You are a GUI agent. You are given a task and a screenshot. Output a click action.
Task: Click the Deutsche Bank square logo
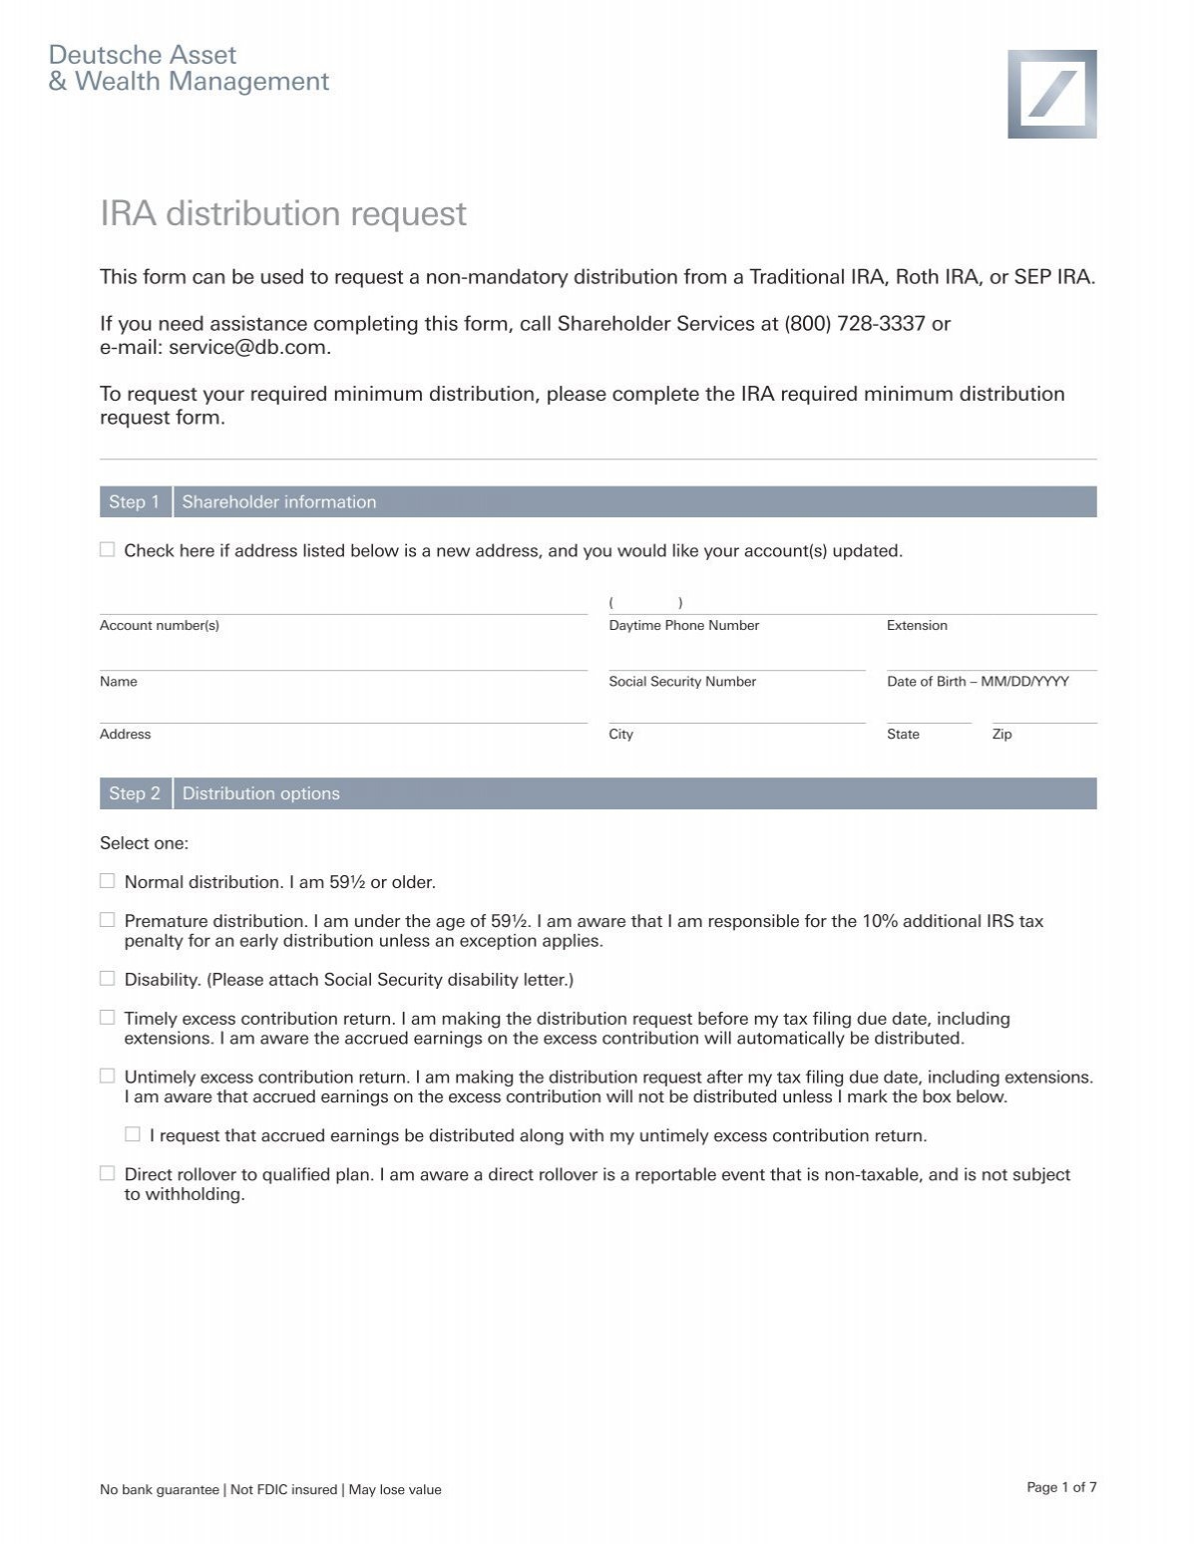(1051, 94)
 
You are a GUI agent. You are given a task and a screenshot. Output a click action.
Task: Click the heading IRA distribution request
(282, 213)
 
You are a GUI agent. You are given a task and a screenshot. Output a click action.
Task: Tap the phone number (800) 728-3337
(855, 324)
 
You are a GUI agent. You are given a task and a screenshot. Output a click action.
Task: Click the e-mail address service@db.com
(248, 348)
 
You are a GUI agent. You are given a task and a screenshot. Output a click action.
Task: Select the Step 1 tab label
(135, 502)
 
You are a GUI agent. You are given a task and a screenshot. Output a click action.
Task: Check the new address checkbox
(107, 550)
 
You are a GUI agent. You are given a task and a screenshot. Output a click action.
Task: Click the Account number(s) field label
(160, 626)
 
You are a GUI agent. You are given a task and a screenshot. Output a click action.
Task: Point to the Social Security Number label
(682, 682)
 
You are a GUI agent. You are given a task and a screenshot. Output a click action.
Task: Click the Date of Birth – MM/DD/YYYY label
(978, 682)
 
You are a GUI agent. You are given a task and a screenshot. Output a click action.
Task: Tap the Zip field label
(1001, 735)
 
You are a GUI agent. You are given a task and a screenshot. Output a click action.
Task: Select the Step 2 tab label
(135, 793)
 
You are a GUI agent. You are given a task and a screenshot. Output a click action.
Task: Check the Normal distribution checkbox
(107, 881)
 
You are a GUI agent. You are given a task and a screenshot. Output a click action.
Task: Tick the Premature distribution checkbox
(107, 920)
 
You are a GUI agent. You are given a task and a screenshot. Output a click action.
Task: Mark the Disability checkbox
(107, 979)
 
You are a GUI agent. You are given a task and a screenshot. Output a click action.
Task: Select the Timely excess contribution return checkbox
(107, 1018)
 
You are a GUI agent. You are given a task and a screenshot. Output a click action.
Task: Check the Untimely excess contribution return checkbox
(107, 1077)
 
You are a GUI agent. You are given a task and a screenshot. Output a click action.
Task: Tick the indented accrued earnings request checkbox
(133, 1134)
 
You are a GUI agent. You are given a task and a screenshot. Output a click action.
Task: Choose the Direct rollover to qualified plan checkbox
(107, 1173)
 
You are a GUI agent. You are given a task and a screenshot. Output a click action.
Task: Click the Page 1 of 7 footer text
(1061, 1487)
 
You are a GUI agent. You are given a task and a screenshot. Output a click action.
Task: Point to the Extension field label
(917, 626)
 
